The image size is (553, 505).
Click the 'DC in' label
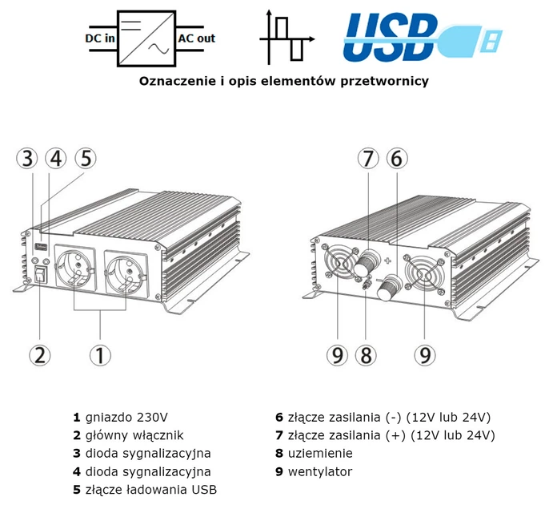[99, 38]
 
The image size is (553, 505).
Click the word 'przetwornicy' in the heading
[383, 81]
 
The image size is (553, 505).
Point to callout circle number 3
[29, 158]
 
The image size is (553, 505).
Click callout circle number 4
[56, 158]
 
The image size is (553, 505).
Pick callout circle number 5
[85, 158]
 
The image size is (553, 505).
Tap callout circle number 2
[40, 354]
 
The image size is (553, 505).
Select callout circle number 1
[99, 354]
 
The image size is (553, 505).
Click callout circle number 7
[367, 159]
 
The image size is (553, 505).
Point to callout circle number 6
[395, 159]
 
